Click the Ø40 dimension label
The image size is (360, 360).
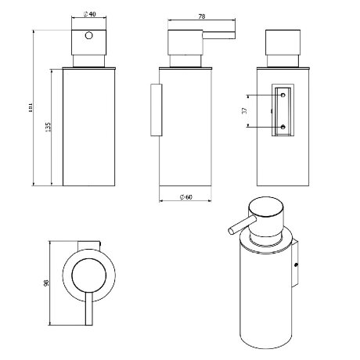(x=89, y=14)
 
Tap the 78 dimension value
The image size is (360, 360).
(x=202, y=16)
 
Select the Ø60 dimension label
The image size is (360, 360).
(x=186, y=197)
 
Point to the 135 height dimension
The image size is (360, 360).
(x=48, y=128)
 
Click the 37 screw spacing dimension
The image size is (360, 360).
(x=244, y=110)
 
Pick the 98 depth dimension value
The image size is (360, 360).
(x=46, y=283)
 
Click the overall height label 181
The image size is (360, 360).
(x=31, y=107)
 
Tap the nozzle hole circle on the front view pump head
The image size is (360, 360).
(x=89, y=35)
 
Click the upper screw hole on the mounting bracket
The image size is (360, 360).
(x=283, y=95)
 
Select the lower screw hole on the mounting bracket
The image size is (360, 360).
(x=283, y=127)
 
